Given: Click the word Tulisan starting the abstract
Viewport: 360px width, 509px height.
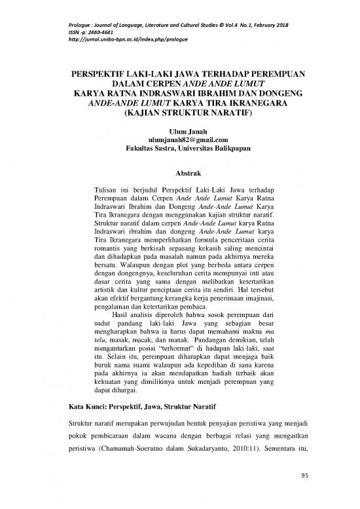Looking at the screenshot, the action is click(x=108, y=190).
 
